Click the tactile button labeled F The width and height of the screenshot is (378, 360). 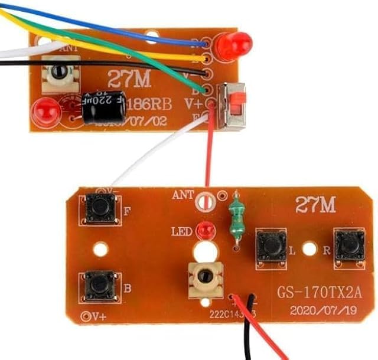coord(99,208)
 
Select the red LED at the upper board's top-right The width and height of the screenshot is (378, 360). coord(233,44)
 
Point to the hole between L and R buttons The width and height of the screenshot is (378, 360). coord(308,249)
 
